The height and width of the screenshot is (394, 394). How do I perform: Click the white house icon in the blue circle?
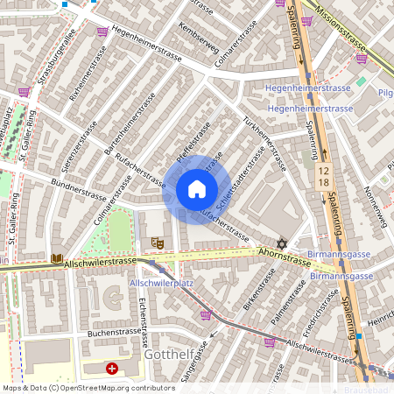(x=197, y=188)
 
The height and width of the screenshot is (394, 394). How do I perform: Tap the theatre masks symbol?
(x=158, y=241)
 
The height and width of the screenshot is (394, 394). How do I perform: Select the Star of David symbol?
(x=282, y=243)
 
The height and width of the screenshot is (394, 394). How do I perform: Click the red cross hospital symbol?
(x=112, y=369)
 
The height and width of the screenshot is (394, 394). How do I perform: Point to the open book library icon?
(x=58, y=258)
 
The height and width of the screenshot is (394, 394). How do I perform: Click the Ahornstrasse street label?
(x=285, y=253)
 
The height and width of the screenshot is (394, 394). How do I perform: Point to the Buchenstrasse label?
(x=114, y=332)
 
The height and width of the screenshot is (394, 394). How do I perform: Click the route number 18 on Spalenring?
(x=324, y=181)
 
